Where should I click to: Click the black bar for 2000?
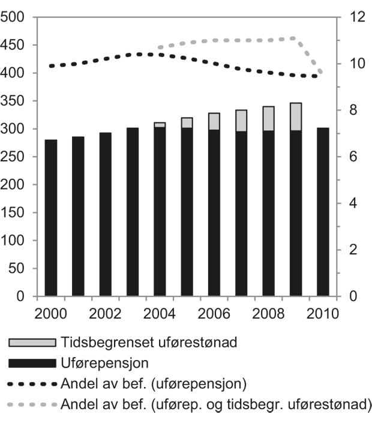tap(51, 218)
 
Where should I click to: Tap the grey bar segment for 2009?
tap(296, 116)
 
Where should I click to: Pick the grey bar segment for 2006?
tap(214, 121)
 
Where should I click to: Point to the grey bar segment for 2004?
tap(160, 125)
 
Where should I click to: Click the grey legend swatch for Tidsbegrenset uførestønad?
tap(33, 343)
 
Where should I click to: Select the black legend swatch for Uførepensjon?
tap(33, 363)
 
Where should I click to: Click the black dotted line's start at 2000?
tap(51, 66)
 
